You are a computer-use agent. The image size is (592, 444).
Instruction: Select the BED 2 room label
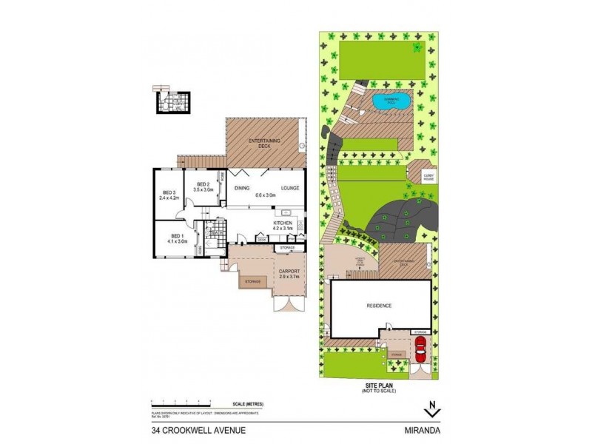pyautogui.click(x=203, y=186)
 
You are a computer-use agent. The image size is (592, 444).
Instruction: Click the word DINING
pyautogui.click(x=242, y=188)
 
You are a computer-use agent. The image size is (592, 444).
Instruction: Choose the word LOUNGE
pyautogui.click(x=290, y=188)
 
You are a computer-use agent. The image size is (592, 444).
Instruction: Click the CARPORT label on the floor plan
pyautogui.click(x=289, y=272)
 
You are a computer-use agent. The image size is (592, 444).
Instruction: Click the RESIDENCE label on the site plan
pyautogui.click(x=377, y=305)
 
